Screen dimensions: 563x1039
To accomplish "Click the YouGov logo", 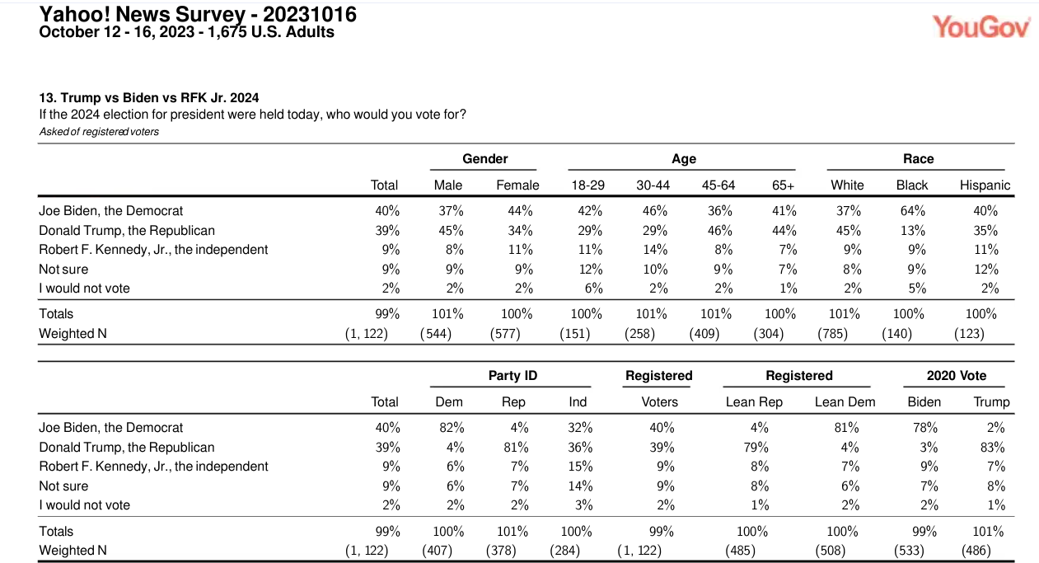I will coord(981,26).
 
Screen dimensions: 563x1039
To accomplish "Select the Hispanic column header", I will coord(984,185).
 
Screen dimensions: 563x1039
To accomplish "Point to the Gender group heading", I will coord(484,158).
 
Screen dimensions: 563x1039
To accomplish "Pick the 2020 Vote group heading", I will coord(956,375).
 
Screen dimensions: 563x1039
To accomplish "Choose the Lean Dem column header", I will coord(845,401).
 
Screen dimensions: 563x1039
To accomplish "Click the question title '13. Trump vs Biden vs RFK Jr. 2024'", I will coord(149,97).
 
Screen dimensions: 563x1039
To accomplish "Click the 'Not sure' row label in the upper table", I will coord(63,269).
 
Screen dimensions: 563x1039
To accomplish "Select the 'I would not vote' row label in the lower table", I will coord(84,504).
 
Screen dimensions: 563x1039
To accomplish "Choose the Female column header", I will coord(517,185).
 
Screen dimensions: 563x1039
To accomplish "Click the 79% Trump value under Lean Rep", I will coord(756,447).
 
